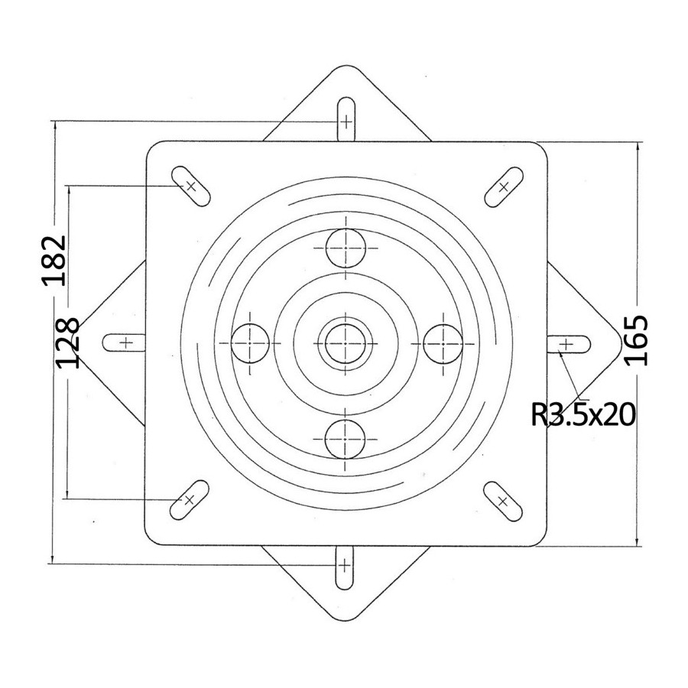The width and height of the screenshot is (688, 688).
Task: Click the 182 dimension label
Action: click(54, 261)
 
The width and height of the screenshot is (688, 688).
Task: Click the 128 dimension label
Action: click(68, 342)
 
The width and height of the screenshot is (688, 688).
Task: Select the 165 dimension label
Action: click(636, 340)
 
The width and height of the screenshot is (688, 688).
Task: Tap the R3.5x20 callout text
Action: click(583, 414)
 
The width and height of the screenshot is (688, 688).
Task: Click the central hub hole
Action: click(346, 343)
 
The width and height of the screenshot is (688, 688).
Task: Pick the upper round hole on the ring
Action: click(346, 248)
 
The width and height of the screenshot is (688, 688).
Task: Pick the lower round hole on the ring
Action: click(346, 439)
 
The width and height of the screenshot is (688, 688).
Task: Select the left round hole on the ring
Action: click(250, 343)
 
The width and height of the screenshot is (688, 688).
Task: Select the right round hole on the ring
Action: click(443, 343)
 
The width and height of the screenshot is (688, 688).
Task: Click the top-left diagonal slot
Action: click(191, 187)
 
